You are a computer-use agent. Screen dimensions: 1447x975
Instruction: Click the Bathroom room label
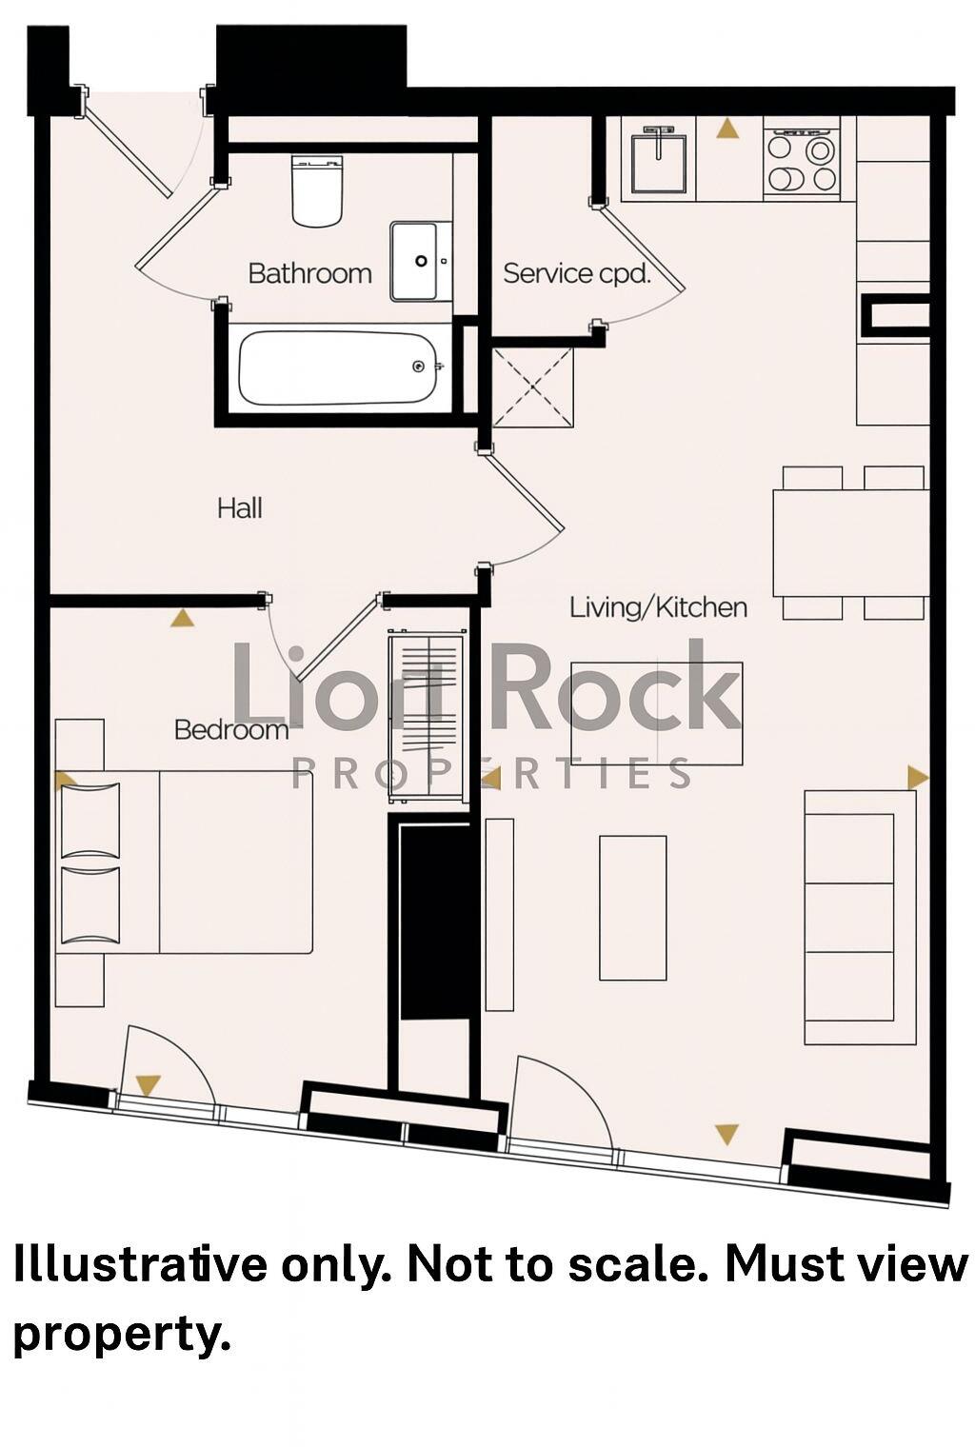[x=309, y=273]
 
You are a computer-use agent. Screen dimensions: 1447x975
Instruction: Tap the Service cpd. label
[x=576, y=273]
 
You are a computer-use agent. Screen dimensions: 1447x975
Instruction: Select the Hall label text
[x=239, y=507]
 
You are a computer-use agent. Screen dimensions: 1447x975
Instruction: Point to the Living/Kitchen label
[x=658, y=606]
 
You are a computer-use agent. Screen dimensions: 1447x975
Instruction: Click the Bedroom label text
[x=230, y=729]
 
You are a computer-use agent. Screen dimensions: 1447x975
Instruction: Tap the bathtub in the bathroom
[x=338, y=367]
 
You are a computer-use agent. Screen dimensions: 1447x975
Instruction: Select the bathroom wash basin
[x=420, y=261]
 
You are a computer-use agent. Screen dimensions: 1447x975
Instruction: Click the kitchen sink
[x=658, y=161]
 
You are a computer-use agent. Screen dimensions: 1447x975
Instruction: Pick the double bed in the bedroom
[x=186, y=862]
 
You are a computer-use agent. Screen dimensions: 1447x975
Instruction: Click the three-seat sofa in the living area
[x=859, y=917]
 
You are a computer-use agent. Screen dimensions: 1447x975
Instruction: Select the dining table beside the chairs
[x=849, y=543]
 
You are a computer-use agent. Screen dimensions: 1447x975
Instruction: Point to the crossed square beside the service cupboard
[x=532, y=387]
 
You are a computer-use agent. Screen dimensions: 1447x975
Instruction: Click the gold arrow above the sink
[x=727, y=129]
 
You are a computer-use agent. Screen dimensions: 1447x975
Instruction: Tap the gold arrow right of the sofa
[x=918, y=777]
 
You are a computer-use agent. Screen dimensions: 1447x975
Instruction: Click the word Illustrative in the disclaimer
[x=140, y=1265]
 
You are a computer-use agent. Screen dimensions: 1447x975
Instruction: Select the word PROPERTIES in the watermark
[x=491, y=774]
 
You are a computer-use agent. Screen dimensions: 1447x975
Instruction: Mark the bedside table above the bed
[x=79, y=744]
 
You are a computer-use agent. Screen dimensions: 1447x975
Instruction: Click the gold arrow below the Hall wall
[x=182, y=618]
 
